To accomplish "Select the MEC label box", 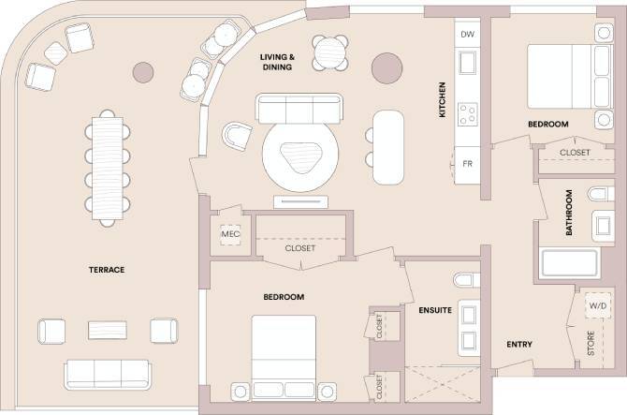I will pos(230,233).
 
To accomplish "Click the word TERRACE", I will pos(107,270).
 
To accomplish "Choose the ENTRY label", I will pos(519,345).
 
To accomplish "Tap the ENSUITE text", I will pos(435,309).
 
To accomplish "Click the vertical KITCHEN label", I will pos(443,99).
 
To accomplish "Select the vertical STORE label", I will pos(591,343).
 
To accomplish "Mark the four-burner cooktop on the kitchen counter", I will pos(468,114).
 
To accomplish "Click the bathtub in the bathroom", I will pos(569,263).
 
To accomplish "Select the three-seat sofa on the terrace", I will pos(109,374).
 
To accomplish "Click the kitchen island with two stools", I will pos(389,148).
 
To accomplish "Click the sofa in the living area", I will pos(299,110).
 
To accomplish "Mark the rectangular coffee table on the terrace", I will pos(108,330).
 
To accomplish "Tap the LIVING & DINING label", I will pos(278,62).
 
